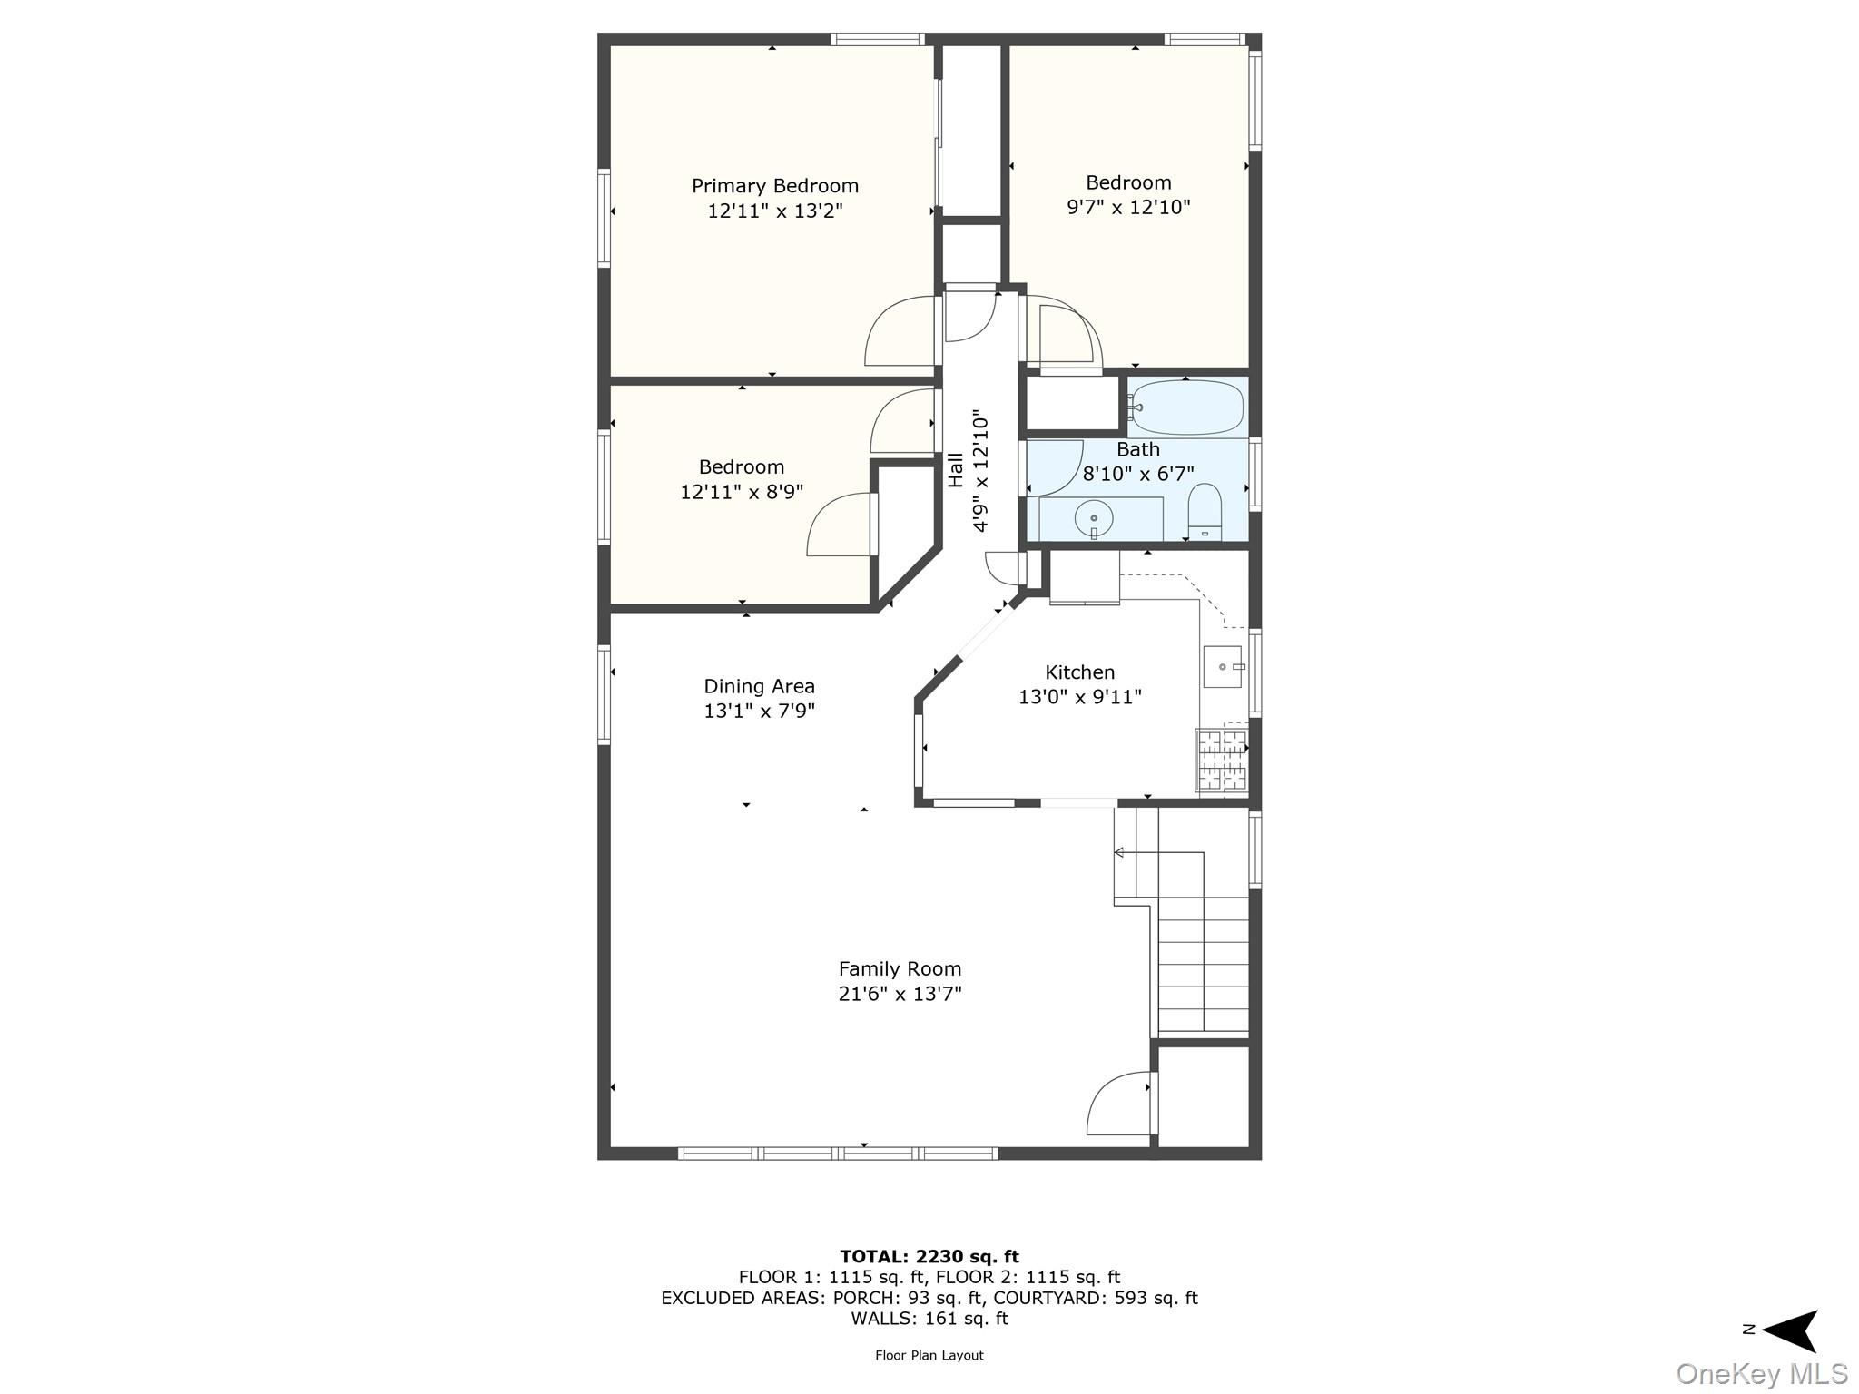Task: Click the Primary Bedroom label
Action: (774, 186)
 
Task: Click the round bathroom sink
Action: (1094, 519)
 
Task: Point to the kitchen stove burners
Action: (1222, 761)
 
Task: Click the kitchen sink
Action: (1222, 667)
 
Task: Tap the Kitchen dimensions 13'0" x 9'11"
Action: (1079, 697)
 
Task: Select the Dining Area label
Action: (759, 686)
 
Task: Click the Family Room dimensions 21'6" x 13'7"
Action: (900, 994)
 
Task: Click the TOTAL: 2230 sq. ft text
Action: (929, 1257)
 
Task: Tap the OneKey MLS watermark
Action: (1761, 1374)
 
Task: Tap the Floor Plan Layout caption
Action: (929, 1356)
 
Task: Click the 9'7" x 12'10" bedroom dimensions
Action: (1127, 207)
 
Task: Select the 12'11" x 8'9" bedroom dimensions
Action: (742, 492)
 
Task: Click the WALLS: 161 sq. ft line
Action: (929, 1319)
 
